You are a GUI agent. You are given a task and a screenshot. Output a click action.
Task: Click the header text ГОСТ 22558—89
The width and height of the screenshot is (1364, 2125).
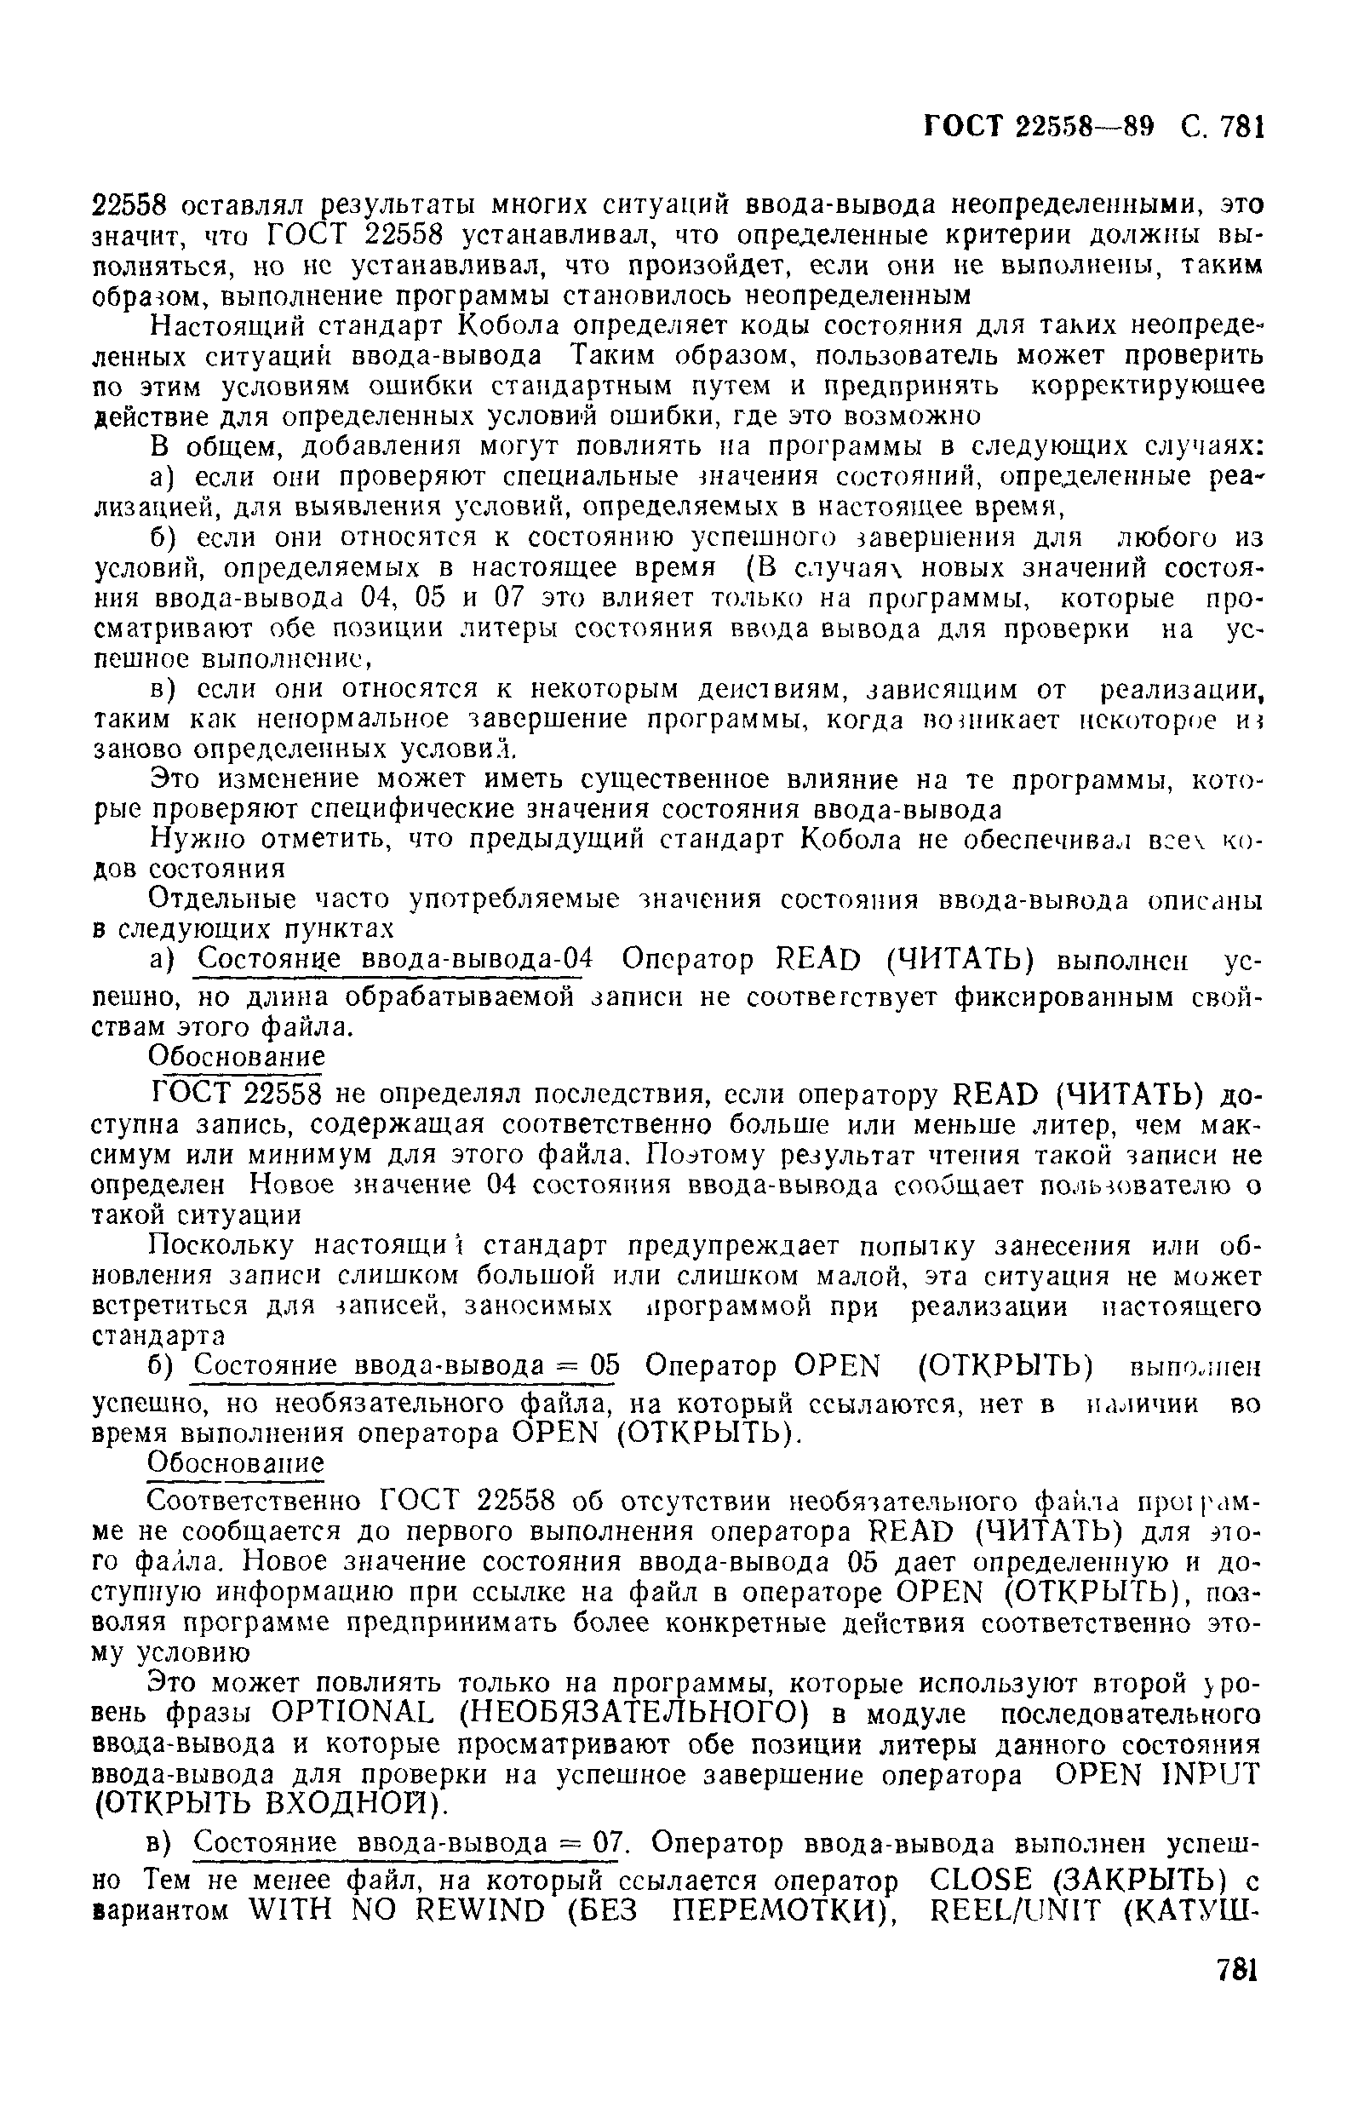1040,128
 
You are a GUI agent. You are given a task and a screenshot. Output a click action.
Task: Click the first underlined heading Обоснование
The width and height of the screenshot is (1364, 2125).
237,1057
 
